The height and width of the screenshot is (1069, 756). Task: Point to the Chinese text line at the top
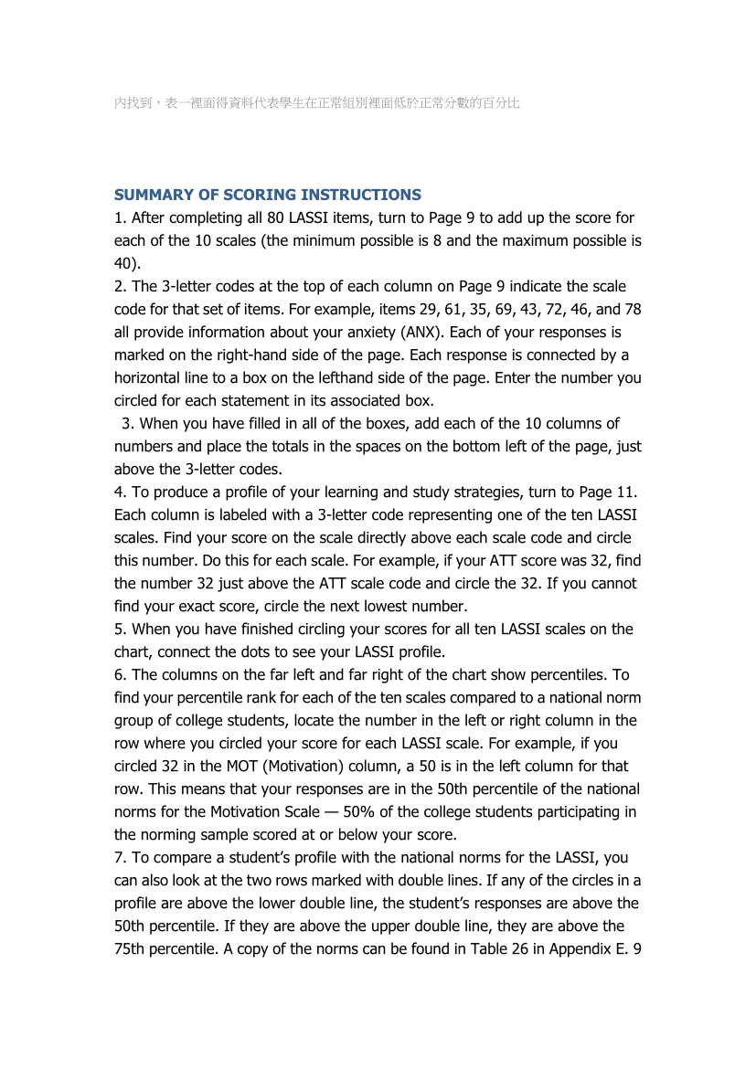point(317,103)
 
